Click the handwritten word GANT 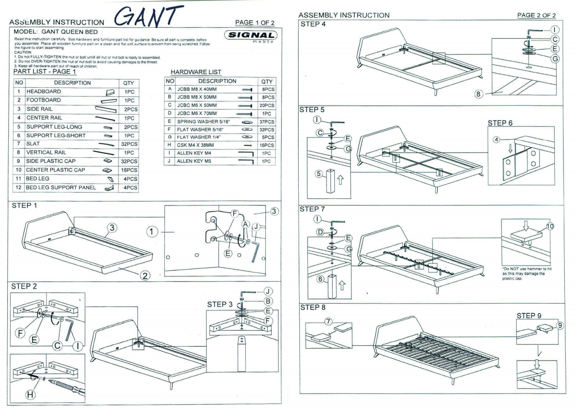coord(149,17)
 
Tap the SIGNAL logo coord(251,35)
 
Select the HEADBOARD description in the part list coord(43,92)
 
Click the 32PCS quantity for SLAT coord(129,144)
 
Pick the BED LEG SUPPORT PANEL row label coord(61,188)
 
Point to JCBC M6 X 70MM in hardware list coord(197,114)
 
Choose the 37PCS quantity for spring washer coord(267,122)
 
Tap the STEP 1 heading coord(24,206)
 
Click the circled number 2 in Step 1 coord(145,276)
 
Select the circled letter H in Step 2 coord(31,395)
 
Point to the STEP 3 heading coord(220,304)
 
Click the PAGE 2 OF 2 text coord(536,15)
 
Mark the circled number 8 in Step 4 coord(478,94)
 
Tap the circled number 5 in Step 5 coord(319,174)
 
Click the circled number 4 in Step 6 coord(496,139)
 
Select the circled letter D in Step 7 coord(320,232)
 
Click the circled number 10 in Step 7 coord(550,226)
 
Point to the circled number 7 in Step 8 coord(328,322)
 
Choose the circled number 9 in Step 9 coord(560,326)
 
